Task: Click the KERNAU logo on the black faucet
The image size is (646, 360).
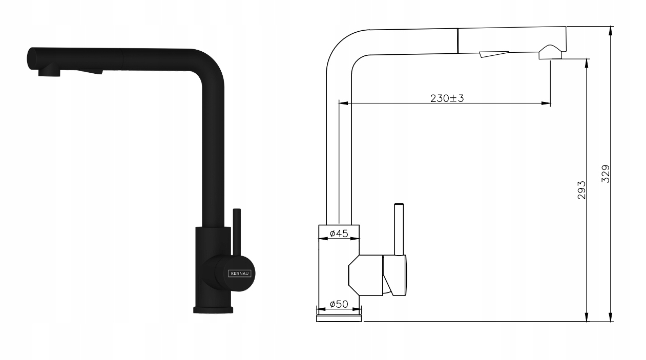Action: [x=240, y=273]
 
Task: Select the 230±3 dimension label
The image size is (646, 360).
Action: [x=447, y=98]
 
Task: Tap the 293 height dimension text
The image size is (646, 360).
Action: [x=581, y=190]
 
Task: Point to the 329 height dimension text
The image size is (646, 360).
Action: [x=606, y=174]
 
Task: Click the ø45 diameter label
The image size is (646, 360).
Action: [x=339, y=233]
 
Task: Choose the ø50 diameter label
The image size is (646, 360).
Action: [x=339, y=304]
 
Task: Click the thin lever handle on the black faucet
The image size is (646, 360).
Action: [x=237, y=232]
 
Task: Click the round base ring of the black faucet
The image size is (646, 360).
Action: [x=213, y=310]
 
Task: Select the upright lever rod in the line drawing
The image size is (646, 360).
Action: [x=399, y=229]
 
